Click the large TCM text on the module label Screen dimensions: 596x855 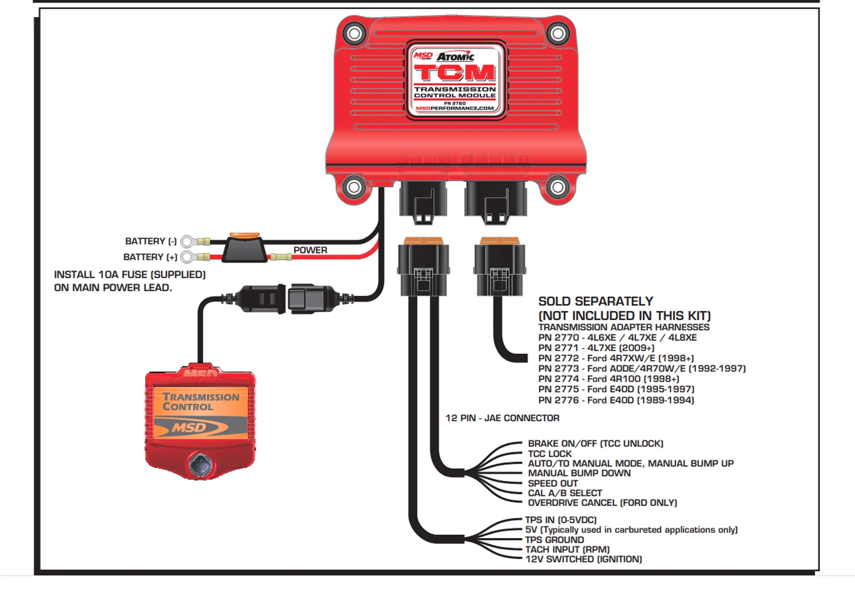coord(455,73)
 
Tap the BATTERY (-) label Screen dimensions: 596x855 coord(150,241)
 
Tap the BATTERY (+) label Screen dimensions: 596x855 coord(150,257)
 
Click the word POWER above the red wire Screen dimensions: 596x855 coord(310,250)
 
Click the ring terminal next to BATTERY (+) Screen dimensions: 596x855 coord(187,257)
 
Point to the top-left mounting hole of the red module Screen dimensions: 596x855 coord(354,33)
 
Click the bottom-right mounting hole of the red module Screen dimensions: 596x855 coord(557,187)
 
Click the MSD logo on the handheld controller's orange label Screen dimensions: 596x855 coord(188,427)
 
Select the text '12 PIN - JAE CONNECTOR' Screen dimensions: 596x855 coord(502,418)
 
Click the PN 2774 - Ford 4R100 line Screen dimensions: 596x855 coord(608,379)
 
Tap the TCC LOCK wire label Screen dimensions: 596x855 coord(549,454)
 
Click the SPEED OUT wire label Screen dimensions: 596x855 coord(553,483)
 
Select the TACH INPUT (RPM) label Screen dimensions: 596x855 coord(567,549)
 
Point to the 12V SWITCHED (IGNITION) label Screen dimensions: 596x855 coord(584,559)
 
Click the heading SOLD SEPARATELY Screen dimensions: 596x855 coord(595,301)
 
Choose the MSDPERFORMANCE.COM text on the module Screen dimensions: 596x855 coord(455,108)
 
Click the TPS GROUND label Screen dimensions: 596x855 coord(554,540)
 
